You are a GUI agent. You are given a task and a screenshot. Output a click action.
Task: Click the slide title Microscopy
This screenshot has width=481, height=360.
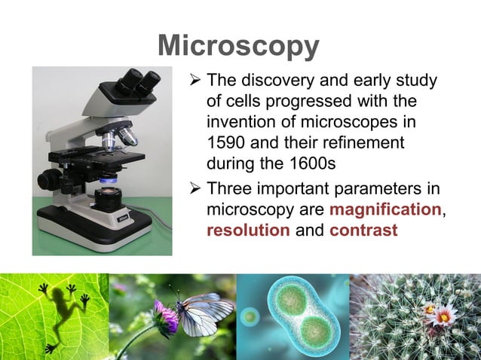pos(239,47)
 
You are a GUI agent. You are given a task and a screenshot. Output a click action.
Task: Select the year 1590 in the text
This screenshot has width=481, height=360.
pos(226,142)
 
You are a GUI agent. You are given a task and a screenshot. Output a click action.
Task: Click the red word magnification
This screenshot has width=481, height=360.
pos(385,209)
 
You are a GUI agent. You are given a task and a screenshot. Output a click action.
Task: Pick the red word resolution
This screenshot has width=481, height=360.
pos(248,230)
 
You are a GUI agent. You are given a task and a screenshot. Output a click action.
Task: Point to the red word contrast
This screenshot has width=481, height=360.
pos(363,230)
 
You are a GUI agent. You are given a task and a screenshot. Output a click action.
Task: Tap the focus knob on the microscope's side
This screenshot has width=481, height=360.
pos(51,180)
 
